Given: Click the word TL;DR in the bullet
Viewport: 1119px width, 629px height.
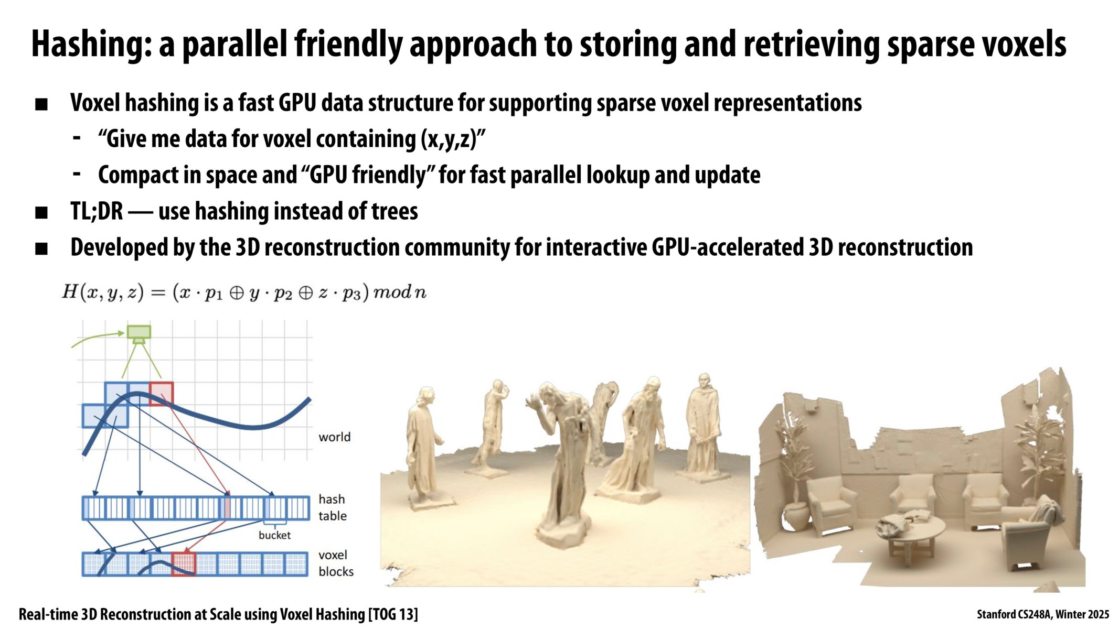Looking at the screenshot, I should coord(97,211).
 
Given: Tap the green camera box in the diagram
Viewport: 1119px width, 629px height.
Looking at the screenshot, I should coord(139,332).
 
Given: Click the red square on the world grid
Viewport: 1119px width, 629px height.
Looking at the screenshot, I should coord(161,394).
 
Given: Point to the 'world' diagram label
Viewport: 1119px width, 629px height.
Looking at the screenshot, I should coord(334,437).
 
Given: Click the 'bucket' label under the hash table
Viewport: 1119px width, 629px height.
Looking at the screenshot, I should coord(274,535).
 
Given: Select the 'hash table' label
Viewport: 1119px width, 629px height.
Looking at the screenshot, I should coord(332,507).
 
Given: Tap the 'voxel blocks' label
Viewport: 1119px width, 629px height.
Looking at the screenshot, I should coord(335,563).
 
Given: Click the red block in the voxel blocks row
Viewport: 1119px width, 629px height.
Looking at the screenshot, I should coord(184,564).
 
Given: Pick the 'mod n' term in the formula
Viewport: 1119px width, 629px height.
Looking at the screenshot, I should coord(399,292).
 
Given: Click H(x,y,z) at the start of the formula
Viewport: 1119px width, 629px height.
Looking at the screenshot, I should coord(102,292).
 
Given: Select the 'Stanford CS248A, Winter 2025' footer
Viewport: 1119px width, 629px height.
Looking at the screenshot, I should coord(1042,614).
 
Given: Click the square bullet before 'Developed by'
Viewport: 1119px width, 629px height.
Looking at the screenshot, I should coord(41,248).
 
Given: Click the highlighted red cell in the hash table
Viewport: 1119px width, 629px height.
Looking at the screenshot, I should coord(227,508).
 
